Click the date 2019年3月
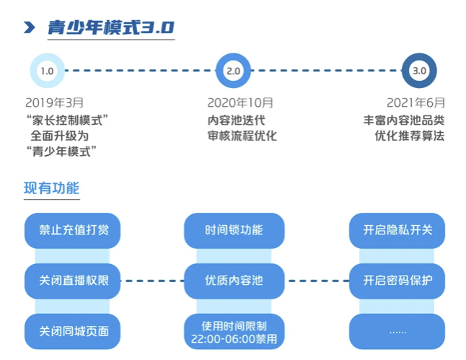pos(54,103)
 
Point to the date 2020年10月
pos(240,103)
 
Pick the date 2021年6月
pos(416,103)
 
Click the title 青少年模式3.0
pos(111,27)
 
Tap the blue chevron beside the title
pos(30,27)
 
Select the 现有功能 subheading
pos(52,188)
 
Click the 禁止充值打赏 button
pos(73,231)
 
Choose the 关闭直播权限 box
pos(73,281)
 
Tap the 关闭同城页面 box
pos(73,331)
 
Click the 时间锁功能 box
pos(234,231)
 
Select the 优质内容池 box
pos(234,281)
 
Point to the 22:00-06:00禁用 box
pos(234,331)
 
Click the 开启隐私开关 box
pos(397,231)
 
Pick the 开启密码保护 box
pos(397,281)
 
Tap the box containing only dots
pos(397,331)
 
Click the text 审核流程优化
pos(242,136)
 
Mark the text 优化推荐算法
pos(410,136)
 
